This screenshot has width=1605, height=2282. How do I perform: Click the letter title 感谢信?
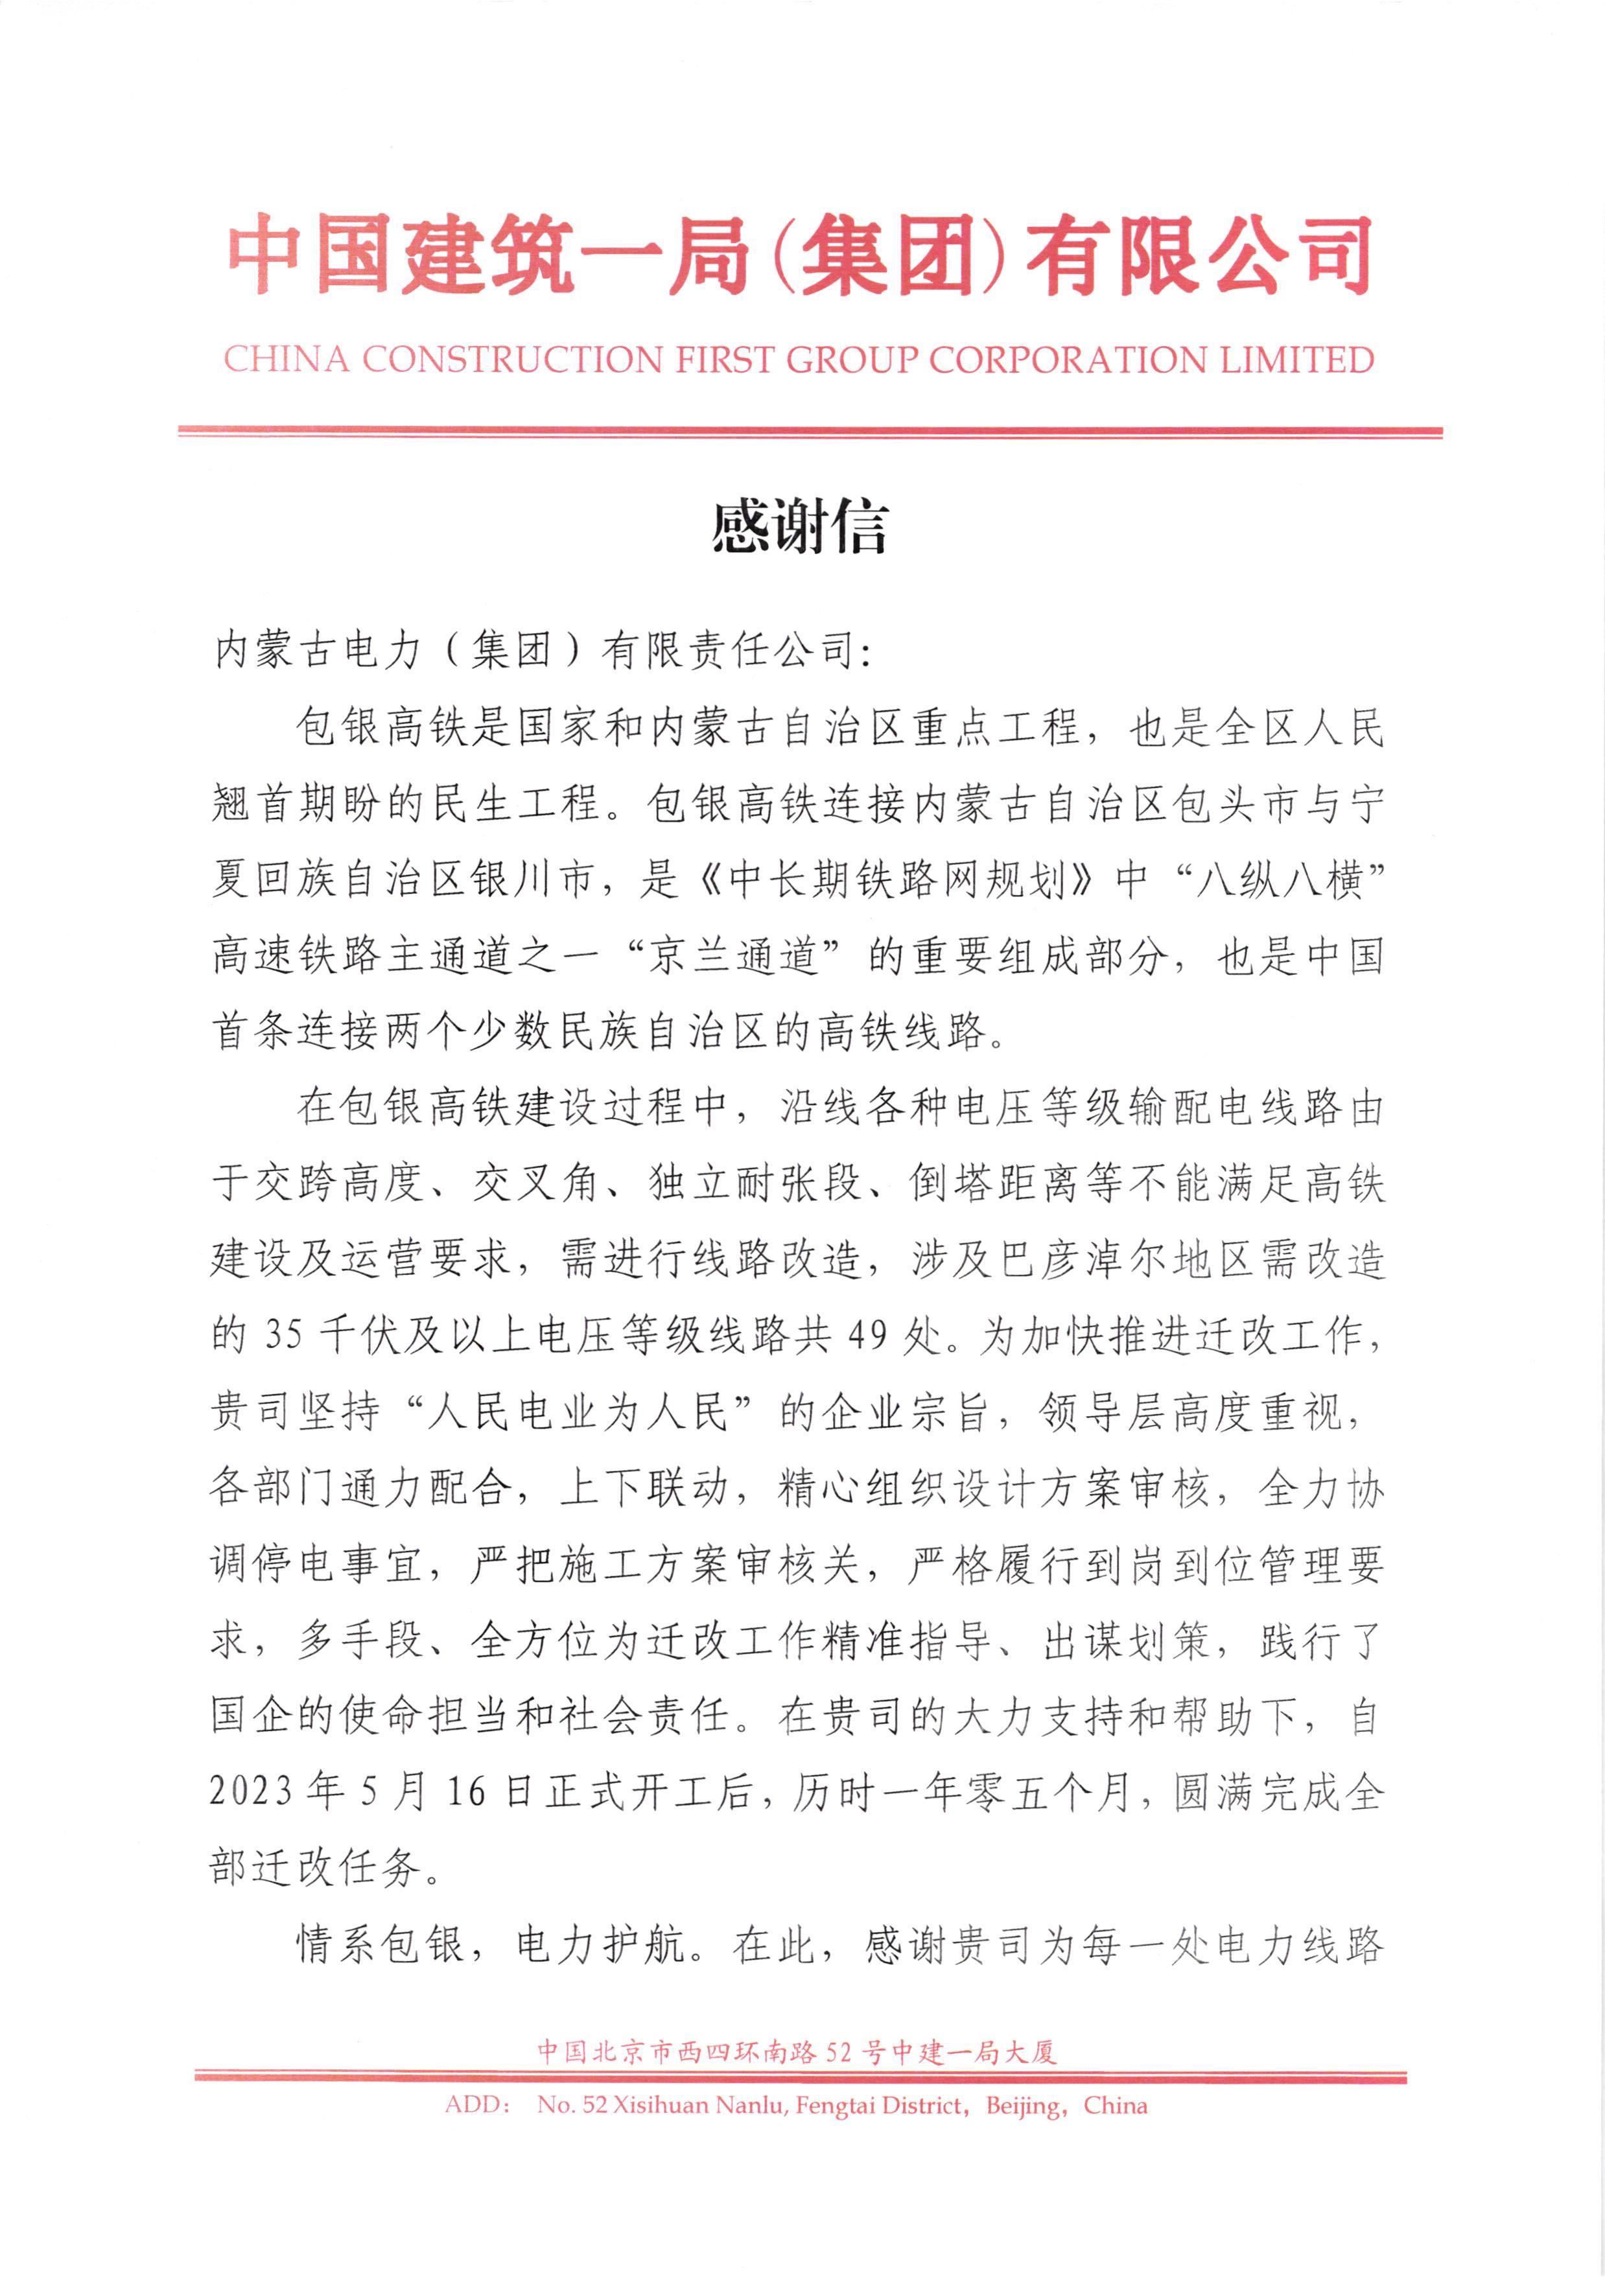[x=799, y=528]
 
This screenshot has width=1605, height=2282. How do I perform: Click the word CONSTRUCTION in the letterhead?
[x=511, y=360]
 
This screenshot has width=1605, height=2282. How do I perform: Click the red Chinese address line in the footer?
[x=797, y=2051]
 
